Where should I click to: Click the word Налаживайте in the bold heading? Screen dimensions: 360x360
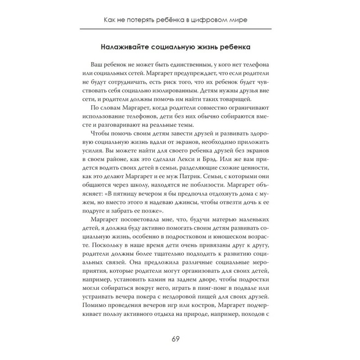point(118,47)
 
